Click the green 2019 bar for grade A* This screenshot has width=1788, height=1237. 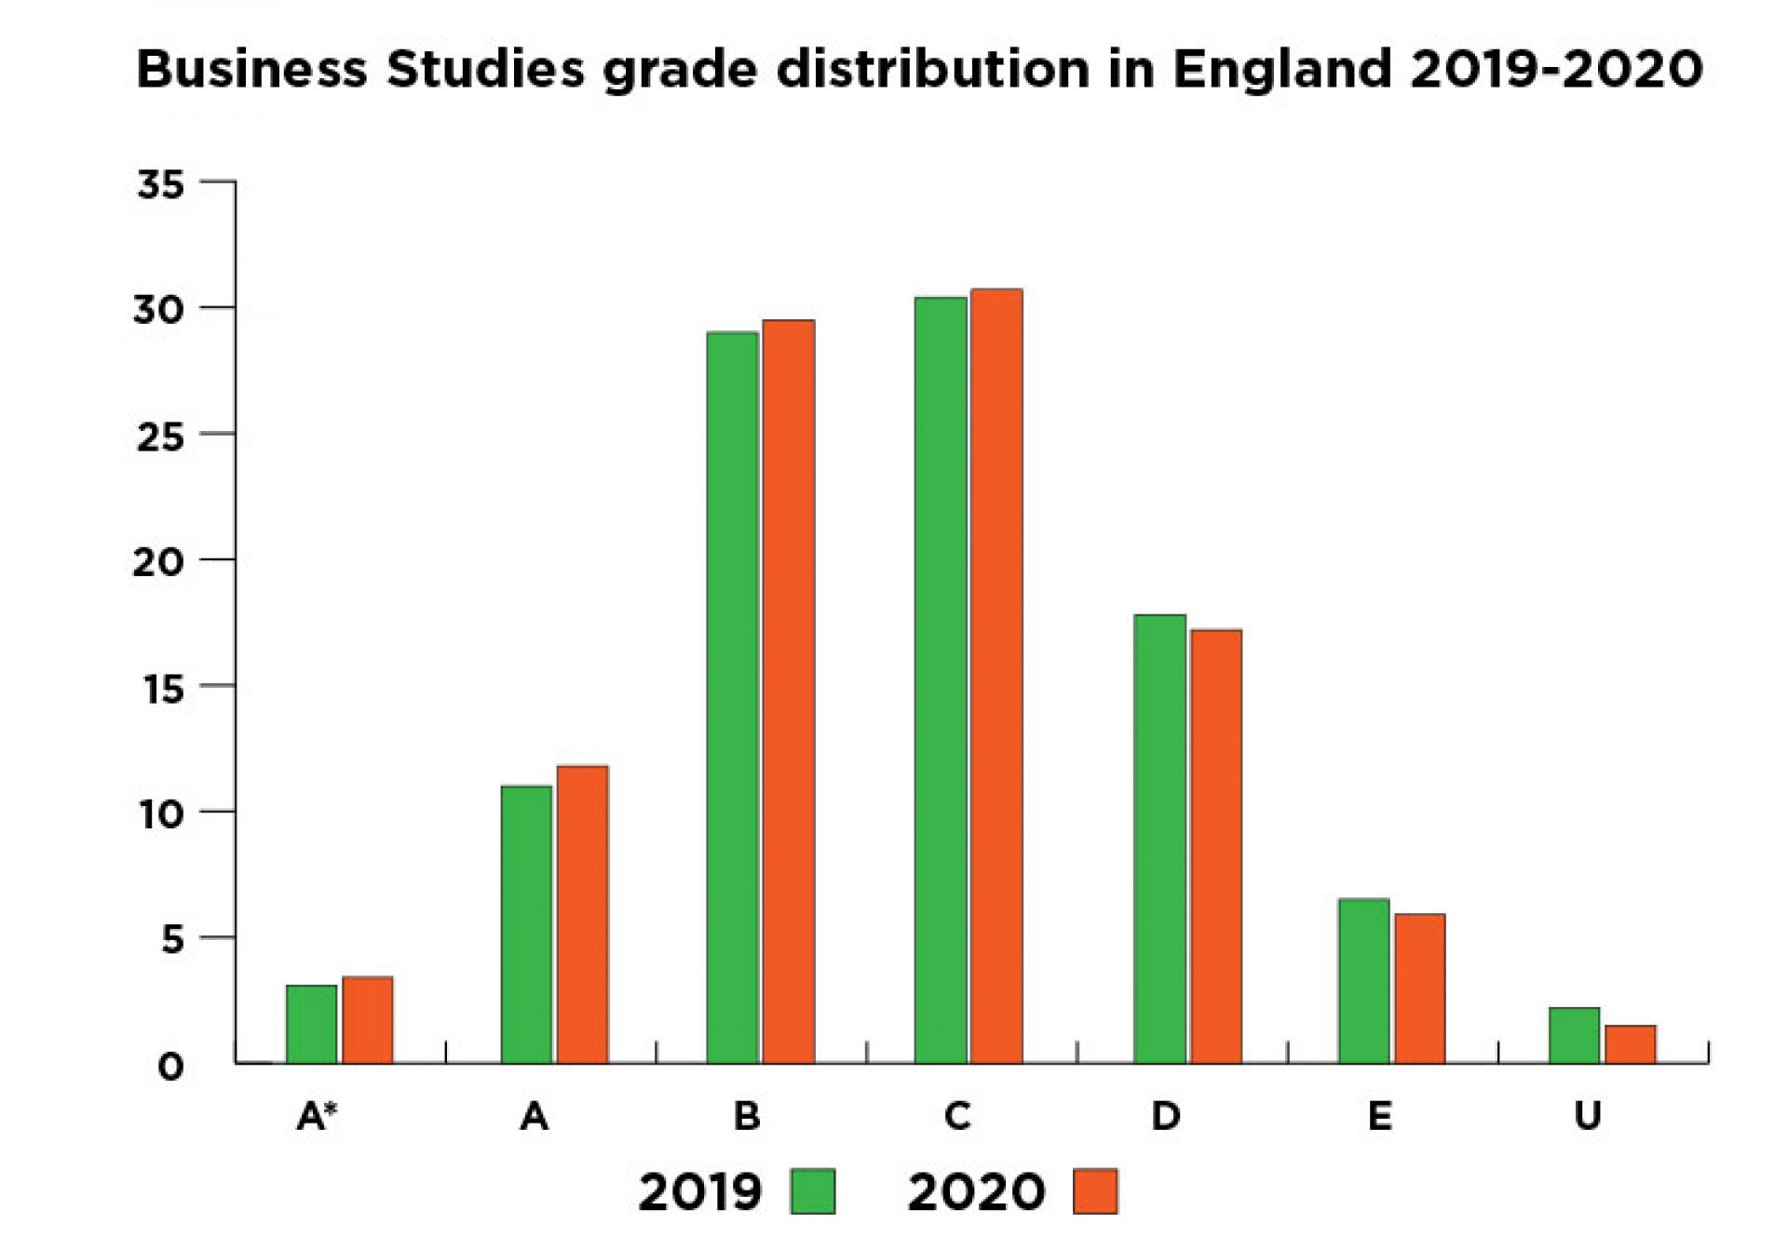click(311, 1024)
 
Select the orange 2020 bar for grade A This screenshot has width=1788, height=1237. click(582, 914)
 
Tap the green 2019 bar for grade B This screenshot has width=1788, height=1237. click(732, 697)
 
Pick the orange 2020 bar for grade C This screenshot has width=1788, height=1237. click(996, 676)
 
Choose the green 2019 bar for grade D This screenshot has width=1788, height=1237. click(1159, 839)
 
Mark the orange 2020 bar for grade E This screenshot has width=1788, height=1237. click(1419, 988)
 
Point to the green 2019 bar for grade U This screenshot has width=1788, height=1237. click(1574, 1035)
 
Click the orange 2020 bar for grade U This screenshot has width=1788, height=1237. click(1630, 1043)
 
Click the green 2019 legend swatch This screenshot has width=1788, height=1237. click(812, 1191)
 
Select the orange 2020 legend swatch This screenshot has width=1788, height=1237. click(1094, 1191)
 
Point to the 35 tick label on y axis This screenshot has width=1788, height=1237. click(160, 184)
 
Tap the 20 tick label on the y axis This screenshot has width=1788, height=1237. click(158, 561)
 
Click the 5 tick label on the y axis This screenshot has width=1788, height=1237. click(173, 939)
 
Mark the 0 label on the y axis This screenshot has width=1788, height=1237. click(170, 1066)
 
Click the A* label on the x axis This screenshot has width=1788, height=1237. click(317, 1115)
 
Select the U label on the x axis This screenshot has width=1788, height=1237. click(1588, 1115)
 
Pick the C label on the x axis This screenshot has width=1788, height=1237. click(957, 1115)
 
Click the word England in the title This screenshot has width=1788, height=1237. click(1281, 70)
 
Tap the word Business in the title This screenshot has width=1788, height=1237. click(251, 70)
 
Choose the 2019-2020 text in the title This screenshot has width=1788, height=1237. click(1556, 70)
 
